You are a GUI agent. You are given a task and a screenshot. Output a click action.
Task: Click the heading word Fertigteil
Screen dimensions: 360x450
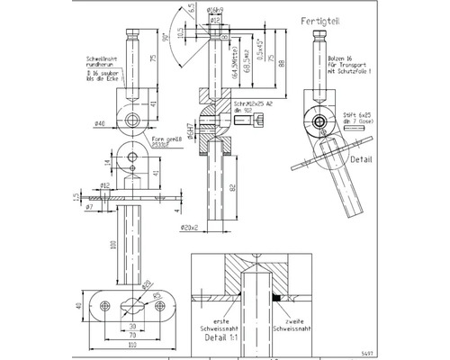(x=319, y=19)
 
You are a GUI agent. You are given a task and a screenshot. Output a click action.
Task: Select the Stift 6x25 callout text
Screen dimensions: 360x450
(x=356, y=115)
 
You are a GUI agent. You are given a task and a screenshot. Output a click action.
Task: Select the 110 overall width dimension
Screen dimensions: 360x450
(x=132, y=345)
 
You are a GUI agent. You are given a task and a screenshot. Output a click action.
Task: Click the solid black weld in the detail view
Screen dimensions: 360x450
(x=278, y=294)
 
